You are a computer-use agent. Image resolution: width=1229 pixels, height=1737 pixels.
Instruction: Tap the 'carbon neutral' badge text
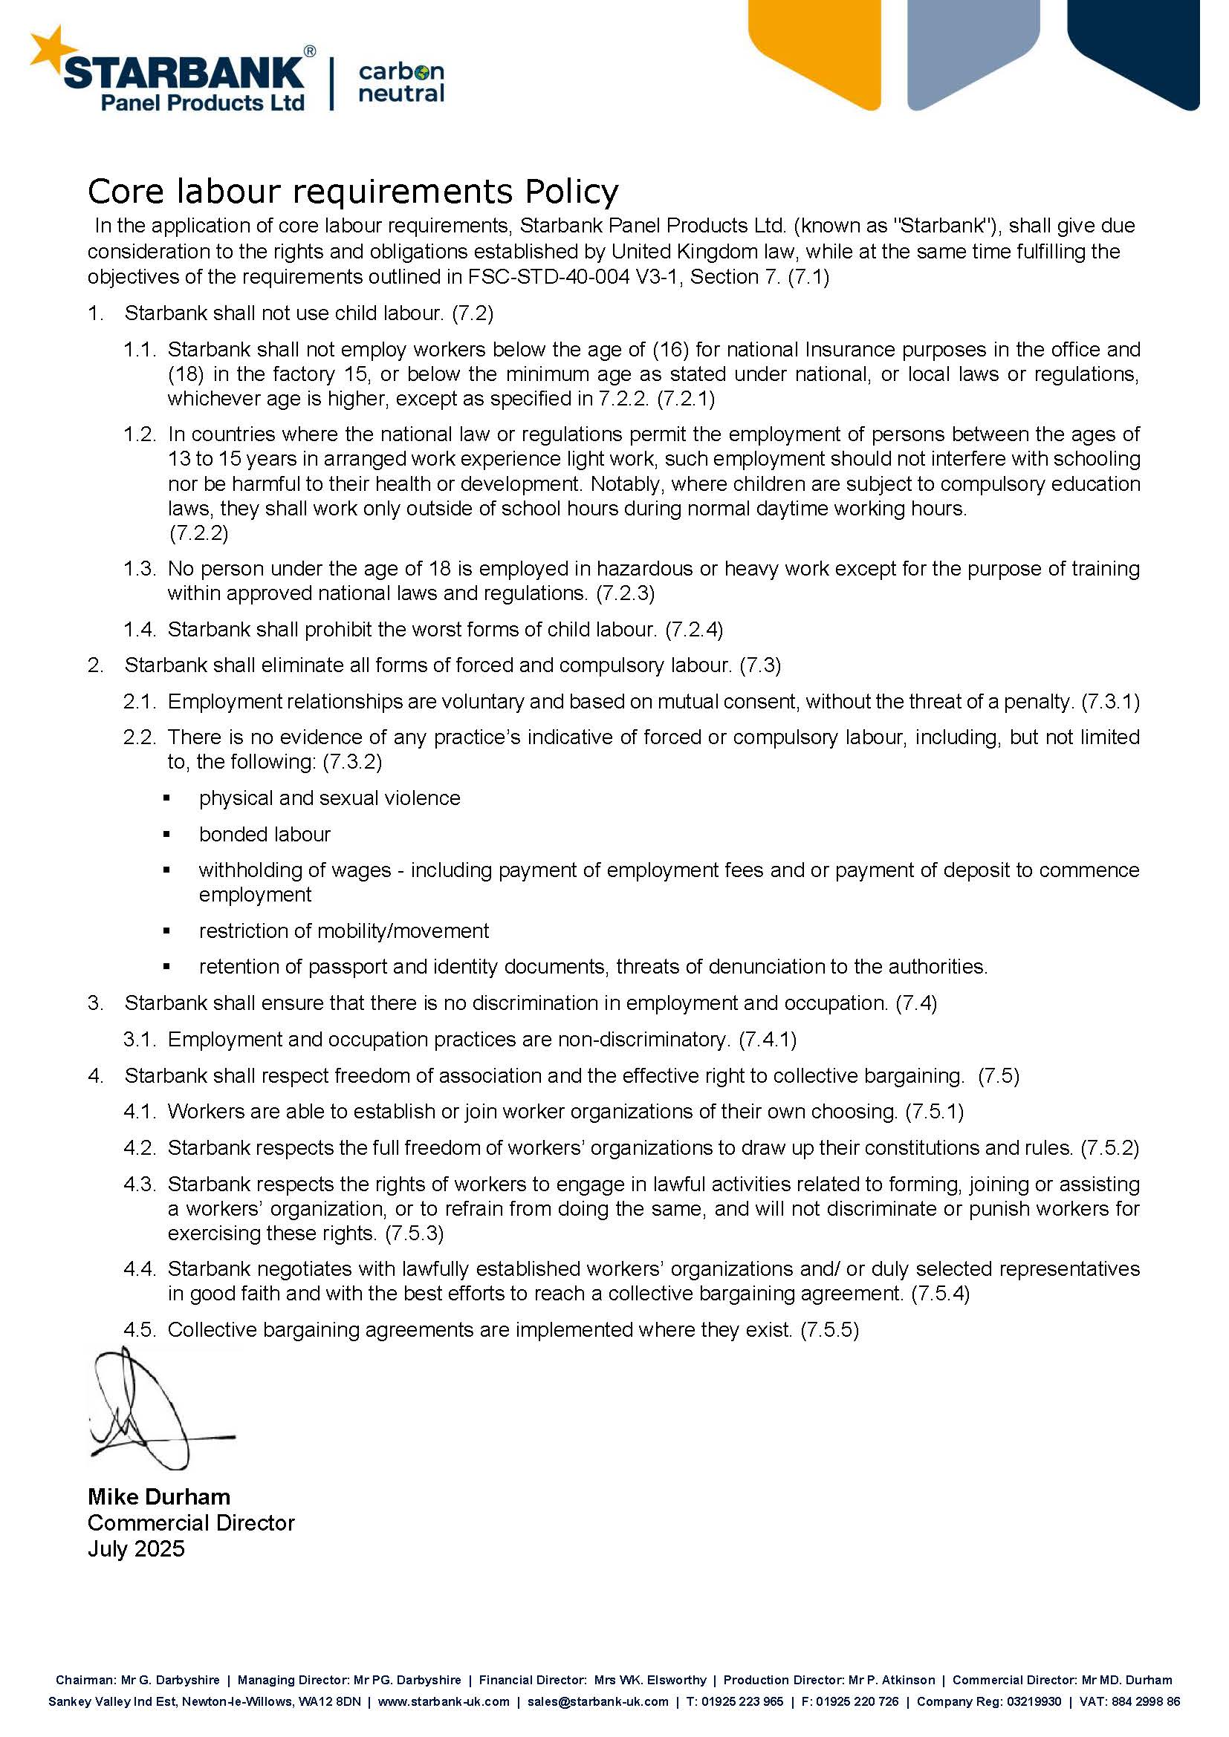click(x=401, y=82)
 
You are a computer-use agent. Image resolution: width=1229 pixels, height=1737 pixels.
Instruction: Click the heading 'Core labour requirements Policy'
click(x=353, y=192)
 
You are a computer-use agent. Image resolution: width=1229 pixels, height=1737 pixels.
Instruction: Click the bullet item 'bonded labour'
click(x=265, y=834)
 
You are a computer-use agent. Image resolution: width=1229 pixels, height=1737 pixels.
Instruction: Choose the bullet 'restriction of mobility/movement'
click(x=343, y=931)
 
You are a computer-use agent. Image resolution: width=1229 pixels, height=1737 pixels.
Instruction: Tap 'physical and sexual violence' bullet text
click(x=329, y=798)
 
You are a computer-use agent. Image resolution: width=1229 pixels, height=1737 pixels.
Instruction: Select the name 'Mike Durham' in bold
click(x=159, y=1497)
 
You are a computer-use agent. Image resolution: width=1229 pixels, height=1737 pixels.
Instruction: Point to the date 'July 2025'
click(x=136, y=1548)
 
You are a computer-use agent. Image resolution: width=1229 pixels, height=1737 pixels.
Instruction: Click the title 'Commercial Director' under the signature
click(x=191, y=1523)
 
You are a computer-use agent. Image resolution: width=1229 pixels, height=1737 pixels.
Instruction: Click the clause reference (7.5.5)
click(x=829, y=1329)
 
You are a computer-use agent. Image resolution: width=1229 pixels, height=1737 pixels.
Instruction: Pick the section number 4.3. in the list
click(x=139, y=1184)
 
